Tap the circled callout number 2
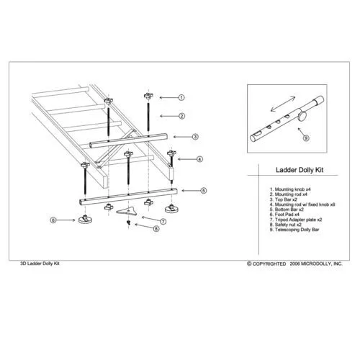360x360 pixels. (x=181, y=115)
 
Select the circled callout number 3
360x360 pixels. (x=195, y=136)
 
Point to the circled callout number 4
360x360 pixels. (x=199, y=159)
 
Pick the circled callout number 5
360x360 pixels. (x=204, y=190)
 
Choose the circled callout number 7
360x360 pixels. (x=163, y=221)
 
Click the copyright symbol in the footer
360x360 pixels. (x=249, y=264)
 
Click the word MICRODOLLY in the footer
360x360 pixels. (x=312, y=264)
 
